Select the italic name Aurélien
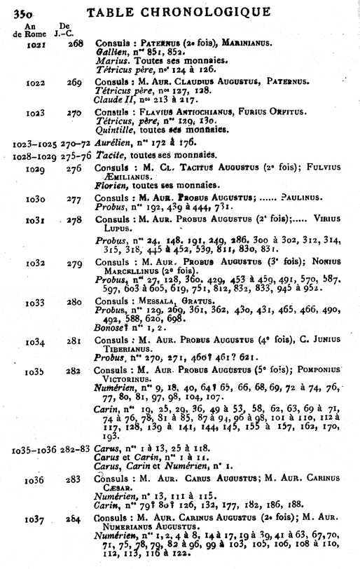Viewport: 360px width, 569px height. pyautogui.click(x=114, y=142)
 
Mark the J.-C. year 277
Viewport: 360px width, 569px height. pyautogui.click(x=74, y=200)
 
